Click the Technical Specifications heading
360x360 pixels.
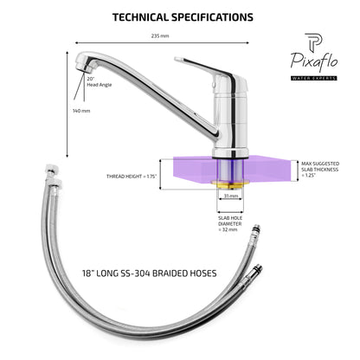(183, 17)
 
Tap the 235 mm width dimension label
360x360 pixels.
(160, 36)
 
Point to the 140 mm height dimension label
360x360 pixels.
(81, 111)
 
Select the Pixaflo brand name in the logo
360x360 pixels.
(314, 61)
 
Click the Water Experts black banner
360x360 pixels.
(314, 78)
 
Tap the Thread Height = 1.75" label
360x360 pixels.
(132, 177)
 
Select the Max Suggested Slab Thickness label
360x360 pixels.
(320, 170)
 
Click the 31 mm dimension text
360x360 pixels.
(231, 196)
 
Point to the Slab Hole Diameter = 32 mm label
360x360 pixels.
(230, 224)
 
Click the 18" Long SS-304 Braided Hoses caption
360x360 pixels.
(150, 273)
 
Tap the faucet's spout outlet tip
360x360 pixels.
(85, 68)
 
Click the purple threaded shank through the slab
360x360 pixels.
(230, 170)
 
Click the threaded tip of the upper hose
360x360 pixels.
(256, 228)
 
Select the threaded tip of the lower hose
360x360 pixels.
(259, 269)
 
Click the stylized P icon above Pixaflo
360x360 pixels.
(313, 42)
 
